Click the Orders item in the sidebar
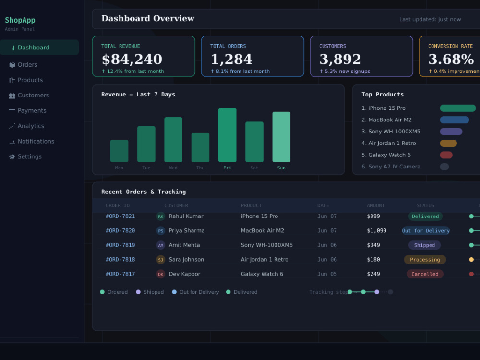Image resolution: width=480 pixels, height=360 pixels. pyautogui.click(x=23, y=65)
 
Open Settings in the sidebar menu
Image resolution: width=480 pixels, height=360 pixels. pyautogui.click(x=25, y=156)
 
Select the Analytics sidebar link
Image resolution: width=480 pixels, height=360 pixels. pyautogui.click(x=26, y=126)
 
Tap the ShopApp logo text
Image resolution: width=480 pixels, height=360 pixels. pyautogui.click(x=20, y=20)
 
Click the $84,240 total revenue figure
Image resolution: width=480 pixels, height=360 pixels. pyautogui.click(x=132, y=59)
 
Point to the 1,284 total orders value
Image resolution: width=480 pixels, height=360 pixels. pyautogui.click(x=231, y=59)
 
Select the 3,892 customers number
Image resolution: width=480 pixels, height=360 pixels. pyautogui.click(x=340, y=59)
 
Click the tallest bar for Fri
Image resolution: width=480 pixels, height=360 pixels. pyautogui.click(x=227, y=135)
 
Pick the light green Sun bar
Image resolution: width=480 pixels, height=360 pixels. pyautogui.click(x=281, y=137)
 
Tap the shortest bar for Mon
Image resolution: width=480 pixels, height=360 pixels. pyautogui.click(x=119, y=151)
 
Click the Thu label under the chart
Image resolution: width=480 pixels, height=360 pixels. pyautogui.click(x=200, y=168)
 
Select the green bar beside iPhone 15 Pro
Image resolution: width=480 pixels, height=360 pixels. pyautogui.click(x=457, y=108)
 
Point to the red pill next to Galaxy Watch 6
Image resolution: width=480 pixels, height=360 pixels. pyautogui.click(x=446, y=155)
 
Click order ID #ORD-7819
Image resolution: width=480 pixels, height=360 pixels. pyautogui.click(x=120, y=245)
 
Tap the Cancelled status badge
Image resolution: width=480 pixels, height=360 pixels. pyautogui.click(x=425, y=274)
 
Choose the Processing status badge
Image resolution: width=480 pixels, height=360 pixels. pyautogui.click(x=425, y=260)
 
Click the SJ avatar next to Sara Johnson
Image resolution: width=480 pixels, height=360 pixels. pyautogui.click(x=161, y=260)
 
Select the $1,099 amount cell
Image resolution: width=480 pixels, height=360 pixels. pyautogui.click(x=376, y=231)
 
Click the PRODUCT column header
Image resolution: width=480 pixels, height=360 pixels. pyautogui.click(x=251, y=206)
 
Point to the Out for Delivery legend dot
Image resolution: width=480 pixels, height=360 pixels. pyautogui.click(x=174, y=292)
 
